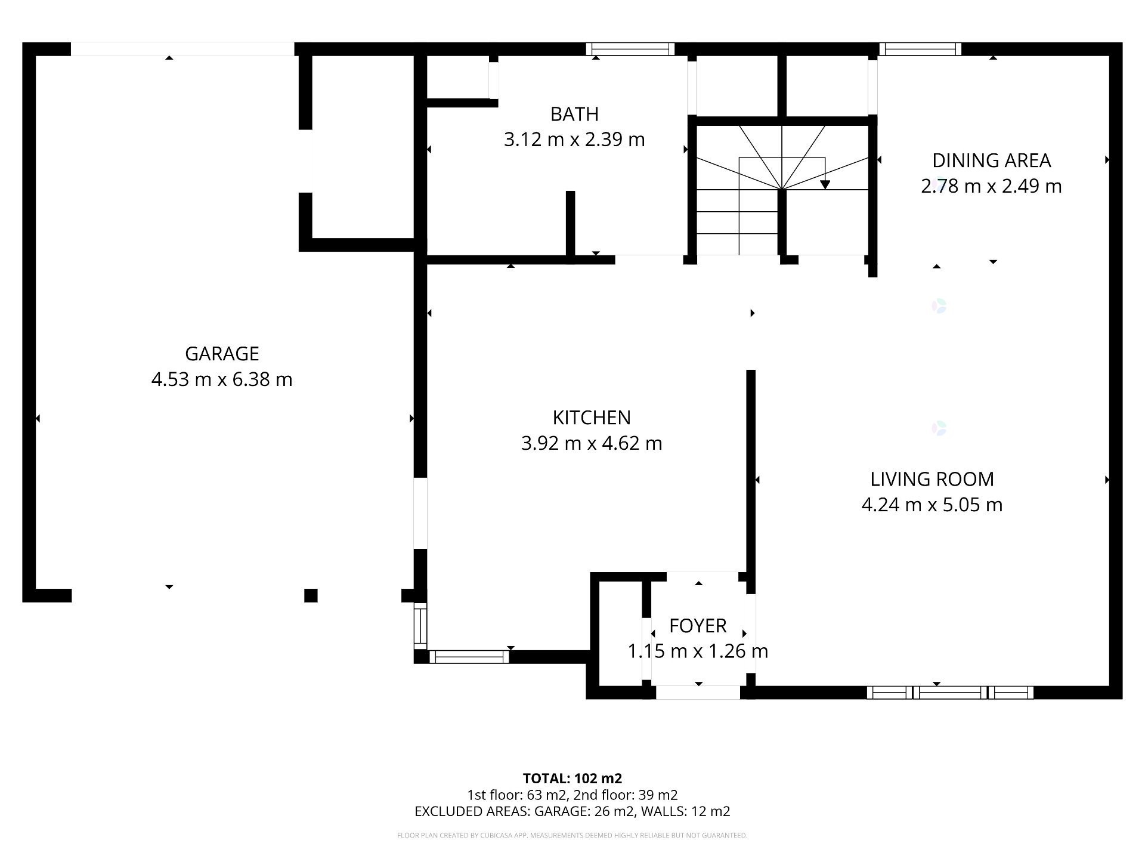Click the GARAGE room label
[222, 354]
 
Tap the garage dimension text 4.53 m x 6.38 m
[222, 379]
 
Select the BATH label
[574, 114]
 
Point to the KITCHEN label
[592, 418]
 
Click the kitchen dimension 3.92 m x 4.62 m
[592, 443]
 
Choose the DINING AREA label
[991, 160]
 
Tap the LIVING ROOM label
[932, 479]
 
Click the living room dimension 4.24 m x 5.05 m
[932, 505]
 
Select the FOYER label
[698, 626]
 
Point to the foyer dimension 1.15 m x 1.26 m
[698, 651]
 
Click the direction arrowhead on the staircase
[825, 184]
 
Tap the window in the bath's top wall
[630, 49]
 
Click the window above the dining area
[920, 49]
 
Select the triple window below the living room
[950, 693]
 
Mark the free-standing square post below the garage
[311, 595]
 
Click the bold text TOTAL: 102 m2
[572, 778]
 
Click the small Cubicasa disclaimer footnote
[572, 836]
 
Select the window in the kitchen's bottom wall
[469, 657]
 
